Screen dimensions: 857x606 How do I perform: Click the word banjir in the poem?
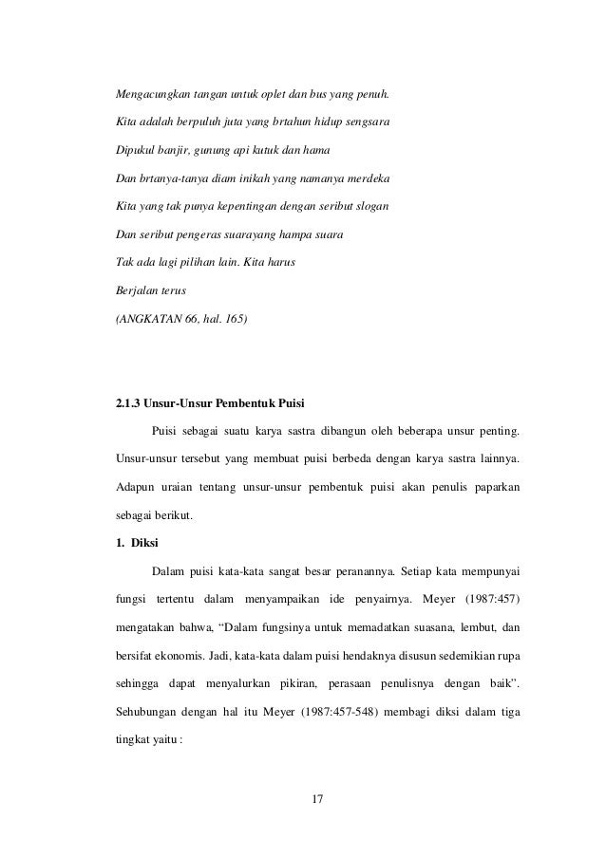[x=175, y=151]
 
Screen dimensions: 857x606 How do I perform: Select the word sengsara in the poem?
[x=363, y=123]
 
